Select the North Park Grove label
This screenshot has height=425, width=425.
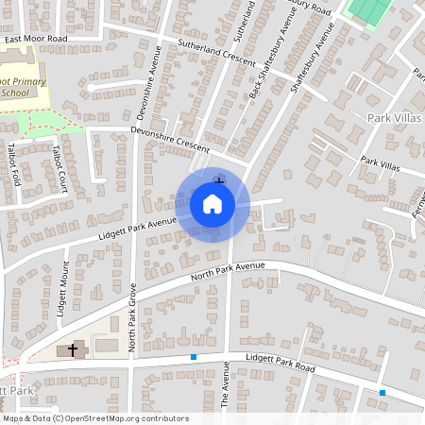coord(133,316)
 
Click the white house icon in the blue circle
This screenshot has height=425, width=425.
coord(212,204)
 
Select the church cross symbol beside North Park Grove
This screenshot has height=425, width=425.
coord(72,350)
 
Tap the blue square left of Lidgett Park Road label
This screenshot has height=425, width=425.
coord(194,357)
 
